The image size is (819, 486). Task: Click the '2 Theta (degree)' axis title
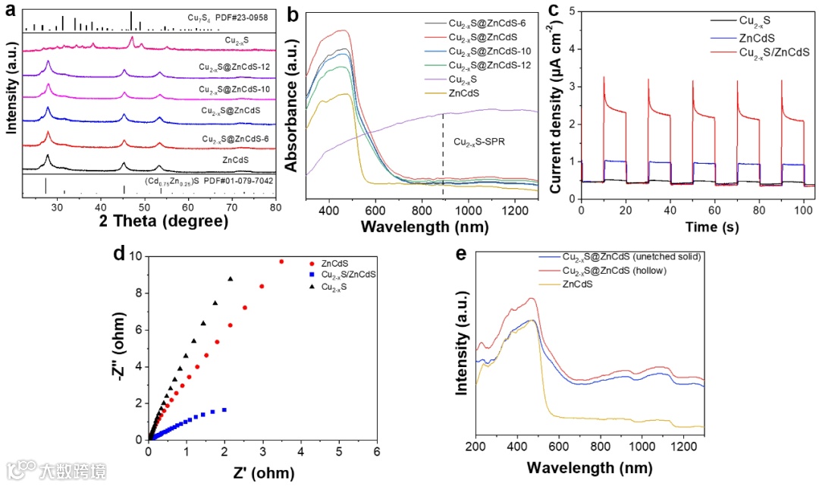click(163, 221)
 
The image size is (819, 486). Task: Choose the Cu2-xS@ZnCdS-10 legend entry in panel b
click(490, 51)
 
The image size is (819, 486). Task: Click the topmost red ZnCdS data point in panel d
click(281, 262)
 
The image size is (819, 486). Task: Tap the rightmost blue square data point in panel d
click(224, 409)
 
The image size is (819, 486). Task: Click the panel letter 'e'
click(460, 252)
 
